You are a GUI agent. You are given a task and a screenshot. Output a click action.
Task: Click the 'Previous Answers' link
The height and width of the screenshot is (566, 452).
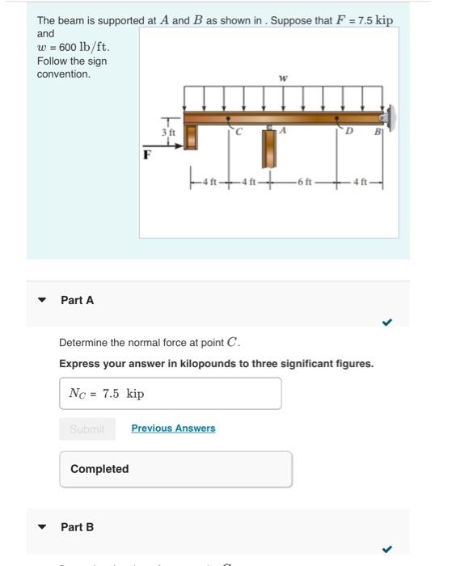pyautogui.click(x=173, y=428)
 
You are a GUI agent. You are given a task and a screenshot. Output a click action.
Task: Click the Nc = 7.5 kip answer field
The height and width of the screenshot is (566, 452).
pyautogui.click(x=171, y=394)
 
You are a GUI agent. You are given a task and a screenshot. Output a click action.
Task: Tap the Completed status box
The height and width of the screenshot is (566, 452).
pyautogui.click(x=175, y=469)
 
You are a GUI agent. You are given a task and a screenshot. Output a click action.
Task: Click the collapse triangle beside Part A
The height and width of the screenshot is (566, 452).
pyautogui.click(x=42, y=300)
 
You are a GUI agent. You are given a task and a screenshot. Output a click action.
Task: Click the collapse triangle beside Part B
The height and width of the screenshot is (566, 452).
pyautogui.click(x=42, y=527)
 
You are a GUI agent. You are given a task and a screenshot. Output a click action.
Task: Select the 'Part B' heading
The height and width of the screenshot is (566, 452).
pyautogui.click(x=78, y=527)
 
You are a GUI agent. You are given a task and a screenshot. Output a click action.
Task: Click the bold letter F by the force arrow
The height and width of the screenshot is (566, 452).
pyautogui.click(x=147, y=154)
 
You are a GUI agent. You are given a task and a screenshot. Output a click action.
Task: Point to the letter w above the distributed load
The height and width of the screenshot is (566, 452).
pyautogui.click(x=282, y=79)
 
